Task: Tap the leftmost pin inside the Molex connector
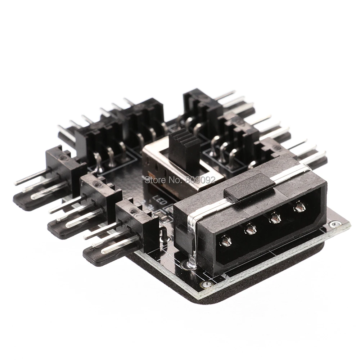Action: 226,241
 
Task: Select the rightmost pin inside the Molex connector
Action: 299,206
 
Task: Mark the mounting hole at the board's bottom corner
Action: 206,285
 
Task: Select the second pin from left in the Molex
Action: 250,229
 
